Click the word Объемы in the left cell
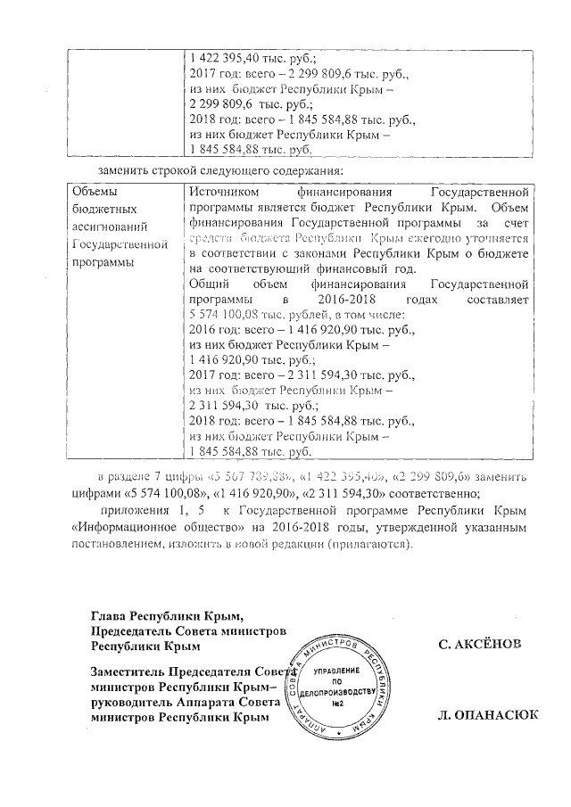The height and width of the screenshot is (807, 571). click(93, 192)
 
